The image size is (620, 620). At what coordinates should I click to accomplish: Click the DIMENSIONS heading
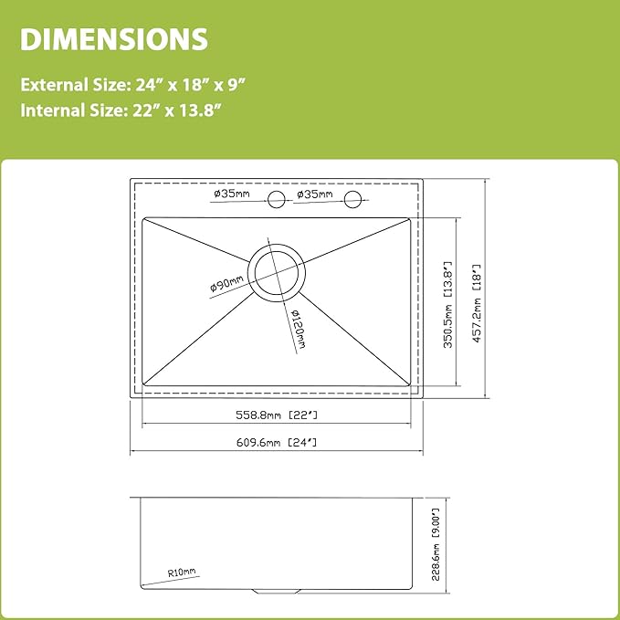[x=114, y=39]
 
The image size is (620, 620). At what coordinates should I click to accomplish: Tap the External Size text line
[x=133, y=85]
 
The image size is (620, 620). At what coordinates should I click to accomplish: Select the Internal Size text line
[x=121, y=110]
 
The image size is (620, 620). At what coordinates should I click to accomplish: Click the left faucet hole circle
[x=277, y=199]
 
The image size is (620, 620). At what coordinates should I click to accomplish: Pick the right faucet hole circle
[x=352, y=199]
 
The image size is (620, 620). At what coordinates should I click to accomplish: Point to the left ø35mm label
[x=232, y=194]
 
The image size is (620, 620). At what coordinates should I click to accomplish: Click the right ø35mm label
[x=315, y=194]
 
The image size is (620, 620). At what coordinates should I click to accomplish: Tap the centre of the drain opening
[x=277, y=273]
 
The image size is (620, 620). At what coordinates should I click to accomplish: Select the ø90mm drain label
[x=226, y=283]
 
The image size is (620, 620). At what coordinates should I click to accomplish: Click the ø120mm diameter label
[x=298, y=329]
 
